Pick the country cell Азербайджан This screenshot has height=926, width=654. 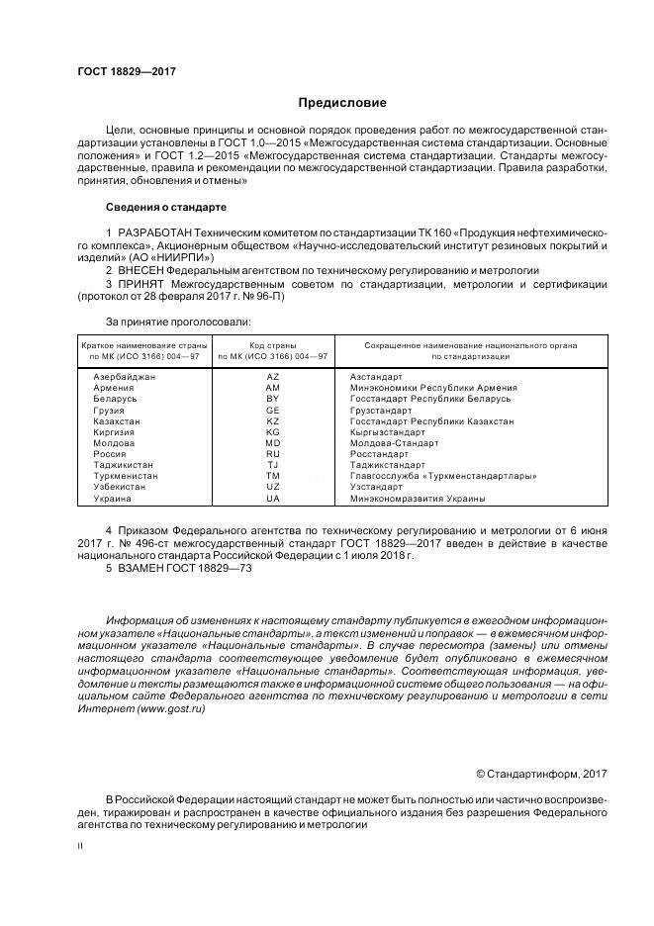[124, 377]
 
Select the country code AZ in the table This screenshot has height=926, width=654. [273, 377]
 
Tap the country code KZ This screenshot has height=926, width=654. [273, 420]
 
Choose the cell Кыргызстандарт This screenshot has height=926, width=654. [387, 432]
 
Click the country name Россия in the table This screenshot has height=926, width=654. [109, 454]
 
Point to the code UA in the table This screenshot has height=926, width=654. [273, 498]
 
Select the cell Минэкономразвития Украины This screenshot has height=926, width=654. [417, 498]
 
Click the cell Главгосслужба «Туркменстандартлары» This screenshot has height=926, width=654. [442, 476]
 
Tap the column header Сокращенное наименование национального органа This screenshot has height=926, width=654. [470, 344]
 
